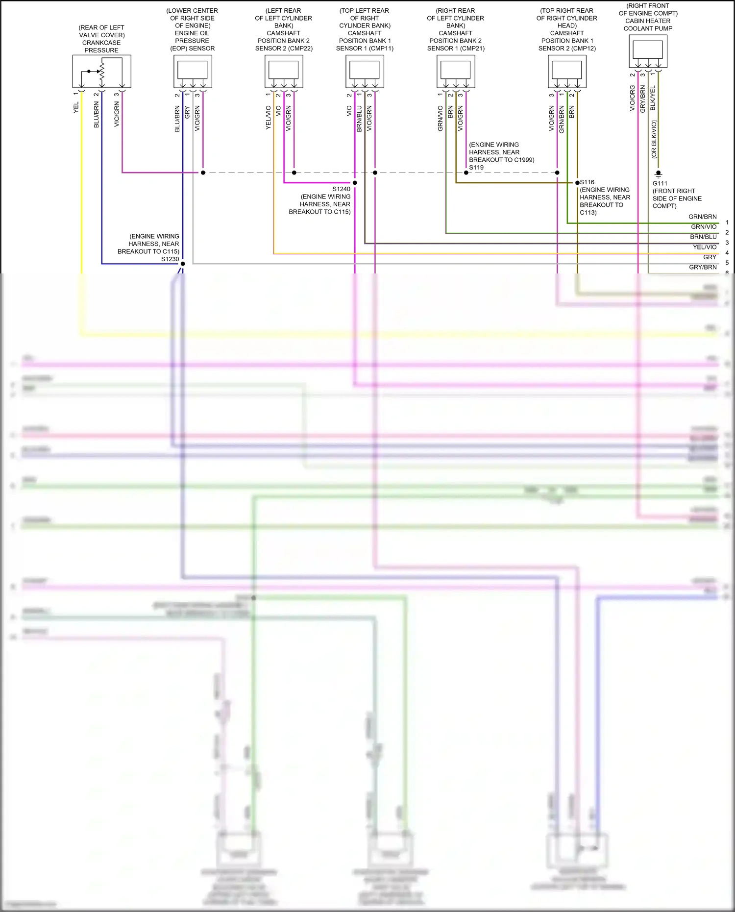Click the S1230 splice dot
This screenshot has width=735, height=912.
[x=183, y=264]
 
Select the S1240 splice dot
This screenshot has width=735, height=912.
[x=355, y=183]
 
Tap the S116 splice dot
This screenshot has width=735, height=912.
[x=577, y=183]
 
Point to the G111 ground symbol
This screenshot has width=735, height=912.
[x=658, y=173]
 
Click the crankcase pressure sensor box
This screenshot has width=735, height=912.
[x=101, y=71]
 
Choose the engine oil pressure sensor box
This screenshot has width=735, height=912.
[x=193, y=71]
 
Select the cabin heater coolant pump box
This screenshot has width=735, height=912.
[x=648, y=51]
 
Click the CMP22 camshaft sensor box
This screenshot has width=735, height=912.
[x=284, y=71]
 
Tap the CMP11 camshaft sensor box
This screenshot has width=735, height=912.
[x=365, y=71]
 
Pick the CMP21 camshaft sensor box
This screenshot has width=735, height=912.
[x=456, y=71]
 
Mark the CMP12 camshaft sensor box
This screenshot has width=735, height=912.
[x=567, y=71]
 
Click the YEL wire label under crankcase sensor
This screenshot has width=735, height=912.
[x=76, y=108]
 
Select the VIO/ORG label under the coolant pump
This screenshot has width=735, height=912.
[x=632, y=98]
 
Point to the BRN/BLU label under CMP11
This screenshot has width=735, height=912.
[x=359, y=119]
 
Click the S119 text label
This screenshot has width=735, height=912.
[x=476, y=168]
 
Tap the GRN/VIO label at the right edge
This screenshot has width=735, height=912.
[x=704, y=227]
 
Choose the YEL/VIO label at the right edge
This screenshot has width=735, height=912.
[x=705, y=247]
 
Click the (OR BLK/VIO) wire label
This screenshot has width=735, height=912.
[x=654, y=140]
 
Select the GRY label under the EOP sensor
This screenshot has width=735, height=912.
[x=187, y=113]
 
